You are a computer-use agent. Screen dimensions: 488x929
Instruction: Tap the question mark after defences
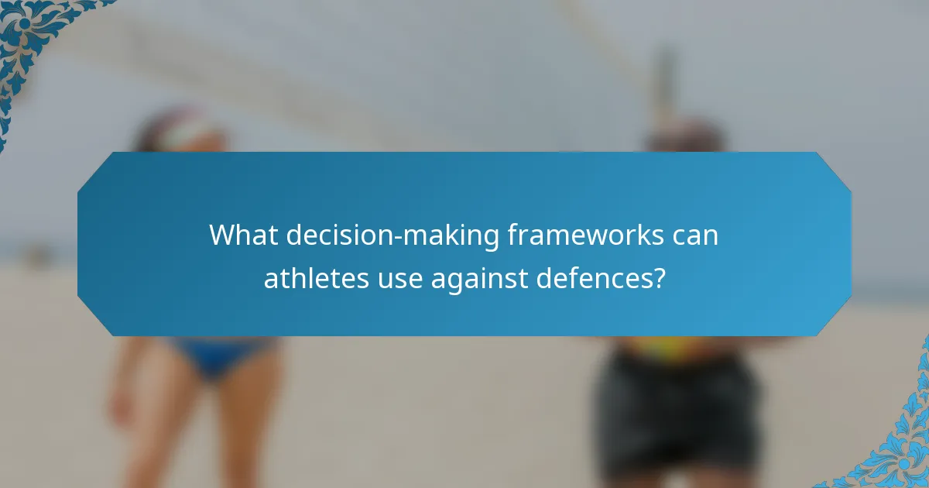click(657, 277)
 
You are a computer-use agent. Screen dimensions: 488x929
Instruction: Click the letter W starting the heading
click(222, 235)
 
